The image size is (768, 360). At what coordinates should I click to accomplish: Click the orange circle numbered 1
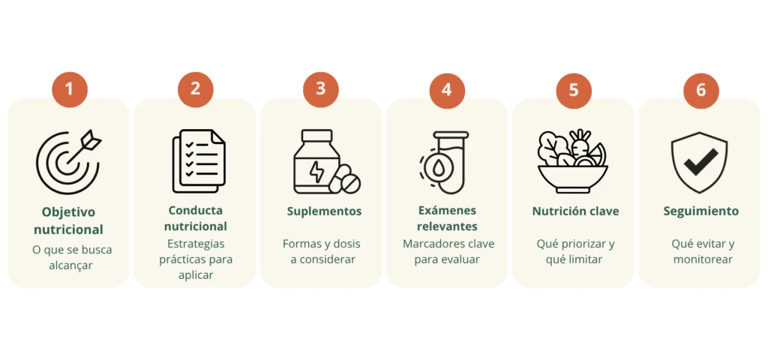click(70, 90)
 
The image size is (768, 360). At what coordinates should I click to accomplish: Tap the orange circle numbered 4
click(447, 91)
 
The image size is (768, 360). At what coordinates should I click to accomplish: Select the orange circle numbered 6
click(701, 91)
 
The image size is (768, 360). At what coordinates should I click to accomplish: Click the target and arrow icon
click(68, 162)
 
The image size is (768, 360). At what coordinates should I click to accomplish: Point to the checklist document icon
click(199, 160)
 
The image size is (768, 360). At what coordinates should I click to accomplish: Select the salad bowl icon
click(572, 161)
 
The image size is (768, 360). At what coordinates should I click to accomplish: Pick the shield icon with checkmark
click(699, 162)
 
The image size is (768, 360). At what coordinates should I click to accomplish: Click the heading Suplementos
click(324, 211)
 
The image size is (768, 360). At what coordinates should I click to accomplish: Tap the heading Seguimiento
click(701, 211)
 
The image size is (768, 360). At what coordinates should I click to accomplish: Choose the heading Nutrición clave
click(575, 211)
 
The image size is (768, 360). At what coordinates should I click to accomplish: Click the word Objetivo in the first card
click(68, 212)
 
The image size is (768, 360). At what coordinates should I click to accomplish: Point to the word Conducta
click(196, 210)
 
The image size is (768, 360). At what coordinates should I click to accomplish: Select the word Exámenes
click(447, 210)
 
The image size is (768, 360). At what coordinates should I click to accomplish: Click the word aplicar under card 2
click(196, 275)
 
